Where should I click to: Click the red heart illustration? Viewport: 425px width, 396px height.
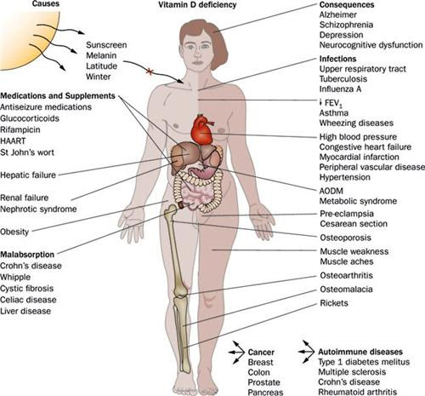(x=202, y=129)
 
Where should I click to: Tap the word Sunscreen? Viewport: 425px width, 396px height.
(x=106, y=45)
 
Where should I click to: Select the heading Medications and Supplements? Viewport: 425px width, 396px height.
(x=58, y=96)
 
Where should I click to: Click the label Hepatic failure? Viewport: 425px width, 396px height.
(x=28, y=175)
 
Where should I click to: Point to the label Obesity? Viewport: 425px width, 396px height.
(x=14, y=232)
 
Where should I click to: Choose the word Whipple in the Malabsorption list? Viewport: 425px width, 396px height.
(x=15, y=277)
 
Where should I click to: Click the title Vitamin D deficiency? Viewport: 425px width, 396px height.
(x=197, y=4)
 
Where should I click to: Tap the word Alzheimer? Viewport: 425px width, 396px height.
(x=338, y=14)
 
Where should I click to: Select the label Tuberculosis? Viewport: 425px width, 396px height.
(x=343, y=79)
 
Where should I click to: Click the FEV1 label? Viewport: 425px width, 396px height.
(x=331, y=103)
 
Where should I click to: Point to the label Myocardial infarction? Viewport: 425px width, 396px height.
(x=360, y=157)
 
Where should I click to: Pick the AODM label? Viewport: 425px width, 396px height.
(x=331, y=191)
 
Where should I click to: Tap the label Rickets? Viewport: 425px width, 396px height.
(x=334, y=303)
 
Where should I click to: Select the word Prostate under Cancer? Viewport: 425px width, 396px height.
(x=263, y=382)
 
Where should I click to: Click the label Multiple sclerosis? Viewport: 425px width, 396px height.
(x=352, y=372)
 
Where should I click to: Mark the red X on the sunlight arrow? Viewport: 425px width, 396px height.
(x=150, y=72)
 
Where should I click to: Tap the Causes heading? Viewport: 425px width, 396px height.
(x=46, y=3)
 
